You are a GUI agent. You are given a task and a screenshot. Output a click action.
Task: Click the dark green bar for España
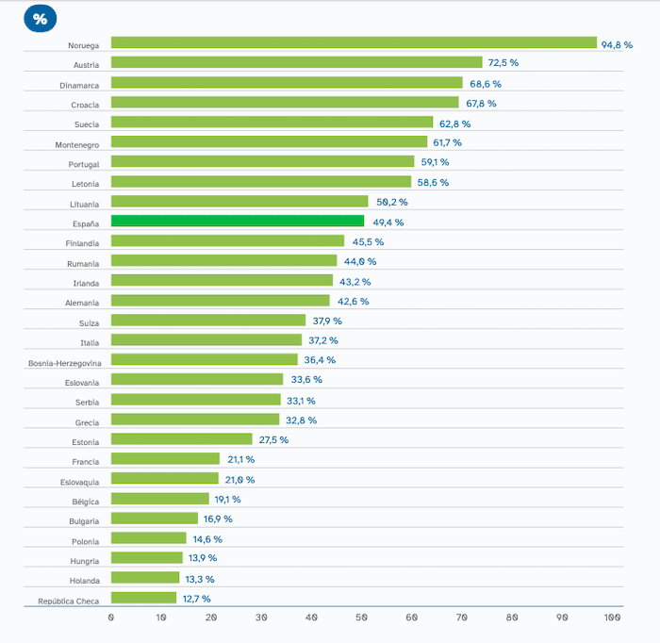[x=237, y=222]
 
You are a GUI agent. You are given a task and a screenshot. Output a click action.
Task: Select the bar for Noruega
[x=354, y=42]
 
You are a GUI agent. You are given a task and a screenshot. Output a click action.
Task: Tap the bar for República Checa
[x=143, y=598]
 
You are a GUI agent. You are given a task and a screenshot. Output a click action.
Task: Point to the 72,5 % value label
[x=503, y=63]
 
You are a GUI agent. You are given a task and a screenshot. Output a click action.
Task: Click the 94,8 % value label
[x=617, y=43]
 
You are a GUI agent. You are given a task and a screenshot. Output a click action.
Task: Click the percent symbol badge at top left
[x=40, y=19]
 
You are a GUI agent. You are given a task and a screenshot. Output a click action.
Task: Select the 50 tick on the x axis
[x=362, y=618]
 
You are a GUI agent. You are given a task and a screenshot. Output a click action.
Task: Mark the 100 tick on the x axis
[x=612, y=618]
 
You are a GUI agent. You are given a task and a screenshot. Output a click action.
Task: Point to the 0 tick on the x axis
[x=111, y=618]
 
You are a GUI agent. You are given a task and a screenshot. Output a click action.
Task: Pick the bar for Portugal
[x=262, y=162]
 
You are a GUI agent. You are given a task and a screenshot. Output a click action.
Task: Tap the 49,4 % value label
[x=387, y=223]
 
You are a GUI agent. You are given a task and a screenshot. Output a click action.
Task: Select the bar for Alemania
[x=220, y=301]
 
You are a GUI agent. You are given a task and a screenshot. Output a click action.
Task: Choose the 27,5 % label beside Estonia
[x=272, y=440]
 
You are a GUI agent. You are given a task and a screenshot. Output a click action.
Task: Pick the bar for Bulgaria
[x=155, y=519]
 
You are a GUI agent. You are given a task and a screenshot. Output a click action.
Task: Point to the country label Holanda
[x=84, y=581]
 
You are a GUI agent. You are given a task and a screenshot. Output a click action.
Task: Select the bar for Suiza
[x=208, y=321]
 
